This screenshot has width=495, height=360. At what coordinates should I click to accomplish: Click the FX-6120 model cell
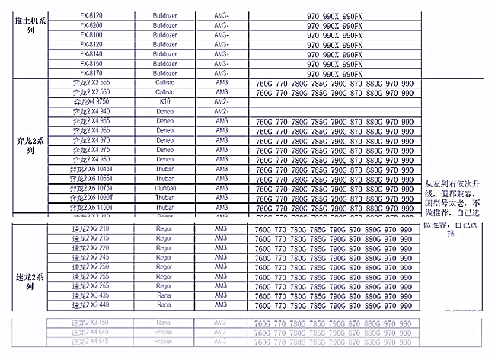(91, 15)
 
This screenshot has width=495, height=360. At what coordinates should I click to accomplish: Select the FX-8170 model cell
(91, 73)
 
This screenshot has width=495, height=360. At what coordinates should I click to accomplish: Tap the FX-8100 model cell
(91, 35)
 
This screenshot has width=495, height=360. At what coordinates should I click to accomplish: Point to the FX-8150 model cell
(91, 64)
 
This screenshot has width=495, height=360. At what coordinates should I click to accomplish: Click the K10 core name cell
(164, 101)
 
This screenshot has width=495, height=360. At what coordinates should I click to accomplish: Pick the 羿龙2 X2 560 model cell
(91, 92)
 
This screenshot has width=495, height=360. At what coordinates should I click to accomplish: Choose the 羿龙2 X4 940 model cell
(91, 111)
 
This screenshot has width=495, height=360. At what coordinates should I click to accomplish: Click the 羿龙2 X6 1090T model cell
(91, 197)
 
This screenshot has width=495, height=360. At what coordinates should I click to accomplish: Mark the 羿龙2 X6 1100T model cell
(91, 207)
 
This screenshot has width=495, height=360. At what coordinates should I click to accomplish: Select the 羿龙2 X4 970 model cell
(91, 140)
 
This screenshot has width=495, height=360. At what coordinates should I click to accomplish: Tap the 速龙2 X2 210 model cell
(91, 228)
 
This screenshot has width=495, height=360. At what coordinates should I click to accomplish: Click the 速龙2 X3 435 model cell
(91, 295)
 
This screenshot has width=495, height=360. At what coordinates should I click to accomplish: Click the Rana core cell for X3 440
(164, 305)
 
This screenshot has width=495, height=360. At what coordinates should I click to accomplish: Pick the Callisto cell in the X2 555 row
(164, 82)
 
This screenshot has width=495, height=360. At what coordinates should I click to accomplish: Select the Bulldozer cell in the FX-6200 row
(164, 25)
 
